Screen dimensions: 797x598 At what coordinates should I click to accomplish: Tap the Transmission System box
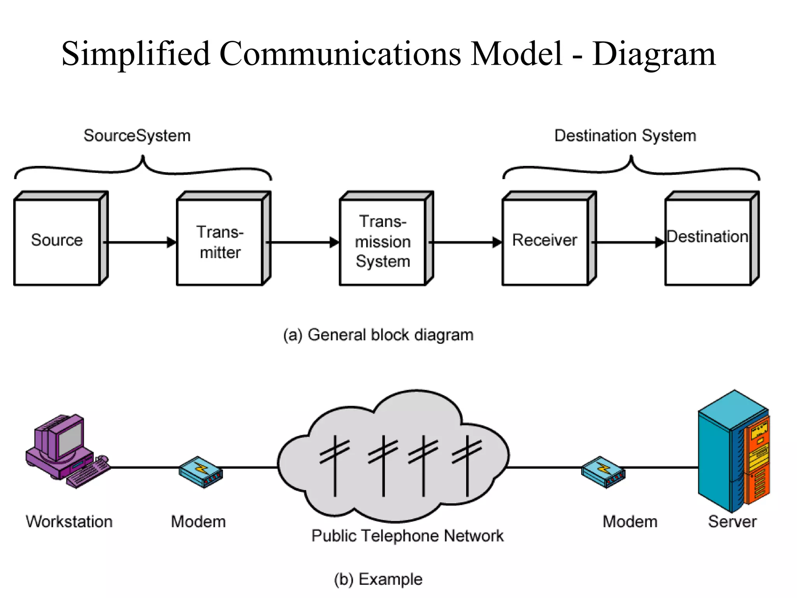point(383,241)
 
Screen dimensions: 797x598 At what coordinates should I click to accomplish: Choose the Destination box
point(707,241)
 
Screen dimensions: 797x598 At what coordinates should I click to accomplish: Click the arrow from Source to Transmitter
point(140,242)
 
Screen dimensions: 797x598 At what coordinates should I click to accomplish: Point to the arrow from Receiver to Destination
point(628,242)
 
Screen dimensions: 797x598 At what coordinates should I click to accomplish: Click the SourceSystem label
point(137,136)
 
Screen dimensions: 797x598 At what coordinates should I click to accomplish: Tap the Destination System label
point(625,136)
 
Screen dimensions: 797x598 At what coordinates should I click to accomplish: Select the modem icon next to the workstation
point(200,471)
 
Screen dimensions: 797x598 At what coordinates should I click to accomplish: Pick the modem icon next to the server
point(603,471)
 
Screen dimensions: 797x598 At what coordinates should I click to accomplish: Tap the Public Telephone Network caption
point(407,536)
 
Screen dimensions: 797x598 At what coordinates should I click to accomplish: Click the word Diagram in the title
point(654,54)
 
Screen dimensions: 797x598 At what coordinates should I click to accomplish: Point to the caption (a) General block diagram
point(378,335)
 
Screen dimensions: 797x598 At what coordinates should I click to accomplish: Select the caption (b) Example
point(378,579)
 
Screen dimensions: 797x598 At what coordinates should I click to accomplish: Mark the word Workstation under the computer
point(69,522)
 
